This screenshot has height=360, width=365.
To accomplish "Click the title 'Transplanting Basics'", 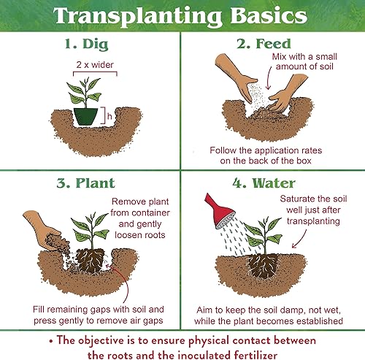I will coord(182,16).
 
